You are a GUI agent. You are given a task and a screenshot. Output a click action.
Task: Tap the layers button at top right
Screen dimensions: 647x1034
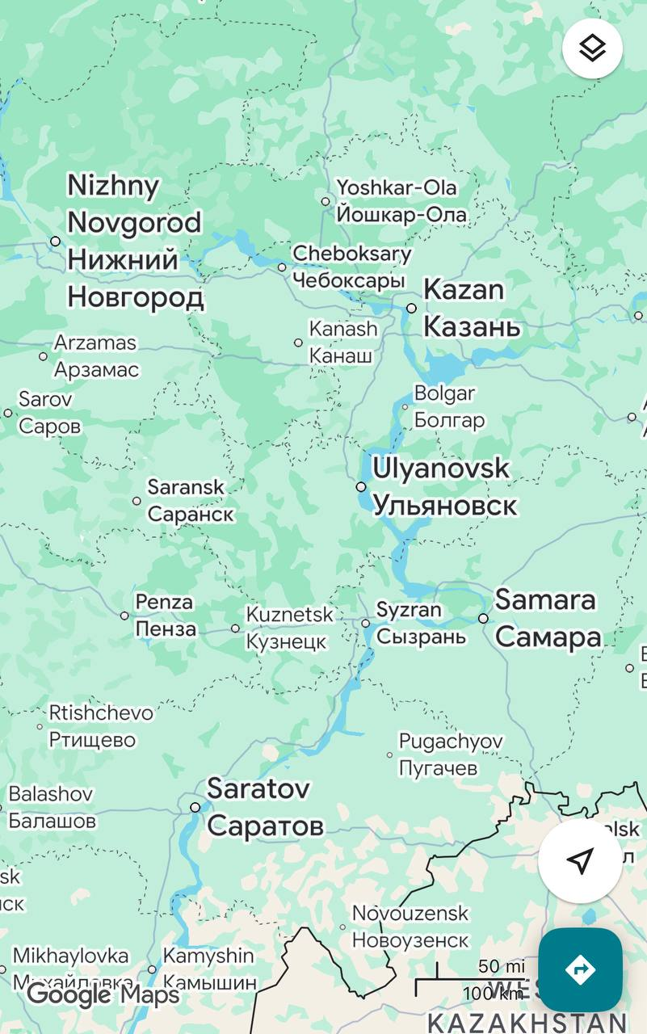(592, 48)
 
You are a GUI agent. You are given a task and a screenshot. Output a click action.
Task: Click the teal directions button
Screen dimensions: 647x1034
(580, 969)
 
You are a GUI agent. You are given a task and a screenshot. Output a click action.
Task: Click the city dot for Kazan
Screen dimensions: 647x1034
(411, 308)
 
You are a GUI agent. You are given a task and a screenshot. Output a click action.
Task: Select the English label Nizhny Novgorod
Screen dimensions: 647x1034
(134, 204)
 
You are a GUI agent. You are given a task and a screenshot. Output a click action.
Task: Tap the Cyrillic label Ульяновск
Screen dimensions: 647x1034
(444, 506)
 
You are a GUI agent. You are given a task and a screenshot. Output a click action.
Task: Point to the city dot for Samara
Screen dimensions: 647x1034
(483, 618)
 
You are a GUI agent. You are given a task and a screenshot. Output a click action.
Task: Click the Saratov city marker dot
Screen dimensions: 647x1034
(195, 807)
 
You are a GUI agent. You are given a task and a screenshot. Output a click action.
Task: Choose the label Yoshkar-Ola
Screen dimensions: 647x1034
(396, 187)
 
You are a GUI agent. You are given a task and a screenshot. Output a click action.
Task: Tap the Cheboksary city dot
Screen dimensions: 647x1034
(282, 267)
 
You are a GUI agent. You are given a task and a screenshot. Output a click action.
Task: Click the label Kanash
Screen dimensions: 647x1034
(343, 329)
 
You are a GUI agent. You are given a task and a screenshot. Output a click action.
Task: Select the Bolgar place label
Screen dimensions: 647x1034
(444, 393)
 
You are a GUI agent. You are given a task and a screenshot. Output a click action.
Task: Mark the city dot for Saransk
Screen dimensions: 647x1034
(137, 501)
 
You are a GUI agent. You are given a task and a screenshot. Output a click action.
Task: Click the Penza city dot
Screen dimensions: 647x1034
(124, 616)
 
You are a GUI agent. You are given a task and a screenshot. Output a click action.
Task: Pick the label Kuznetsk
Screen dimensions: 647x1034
(289, 615)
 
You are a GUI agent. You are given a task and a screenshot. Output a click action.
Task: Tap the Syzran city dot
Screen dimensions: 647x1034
(365, 623)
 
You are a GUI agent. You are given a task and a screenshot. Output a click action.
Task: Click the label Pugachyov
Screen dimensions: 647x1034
(451, 741)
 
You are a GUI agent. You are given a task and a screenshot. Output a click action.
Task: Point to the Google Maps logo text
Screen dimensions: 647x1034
(103, 994)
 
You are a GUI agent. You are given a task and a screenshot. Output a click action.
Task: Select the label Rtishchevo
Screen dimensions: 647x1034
(101, 712)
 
